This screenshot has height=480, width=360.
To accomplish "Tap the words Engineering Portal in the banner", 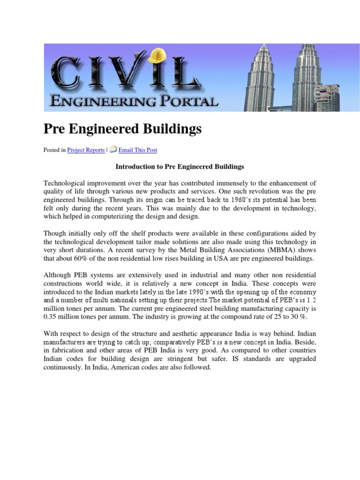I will pos(134,101).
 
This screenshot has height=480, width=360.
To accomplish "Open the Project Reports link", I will pos(86,150).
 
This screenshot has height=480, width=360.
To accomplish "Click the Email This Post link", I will pos(138,150).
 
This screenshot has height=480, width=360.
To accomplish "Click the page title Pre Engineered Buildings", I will pos(123,129).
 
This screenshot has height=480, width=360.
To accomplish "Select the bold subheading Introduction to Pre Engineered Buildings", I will pos(180,166).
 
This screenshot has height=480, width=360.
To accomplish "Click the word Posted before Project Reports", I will pos(52,150).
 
